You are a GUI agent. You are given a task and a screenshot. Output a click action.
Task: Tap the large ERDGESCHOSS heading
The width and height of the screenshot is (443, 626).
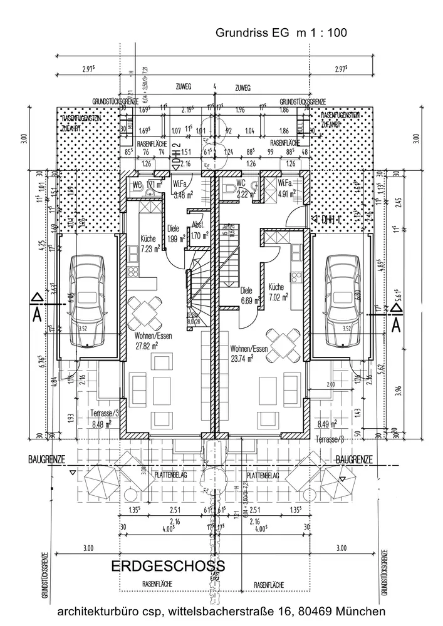(168, 567)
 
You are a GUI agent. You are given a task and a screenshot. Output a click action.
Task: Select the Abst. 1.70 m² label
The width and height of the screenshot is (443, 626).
(199, 232)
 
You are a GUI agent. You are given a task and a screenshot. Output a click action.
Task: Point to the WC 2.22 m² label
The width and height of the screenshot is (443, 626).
(242, 189)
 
